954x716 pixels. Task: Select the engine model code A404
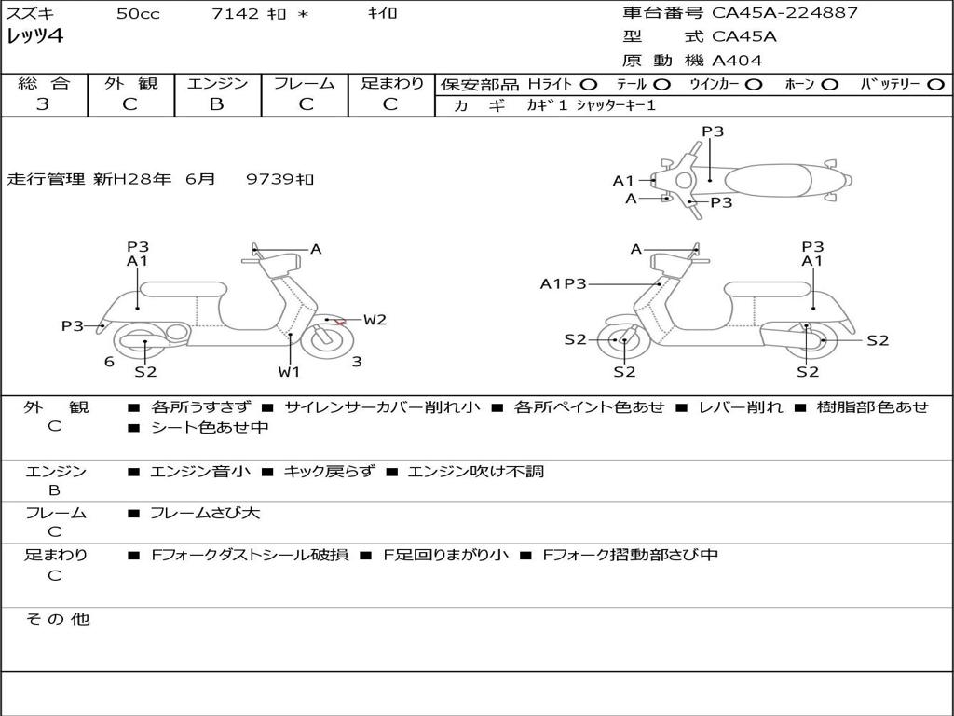pyautogui.click(x=737, y=61)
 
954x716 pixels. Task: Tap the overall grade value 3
pyautogui.click(x=43, y=103)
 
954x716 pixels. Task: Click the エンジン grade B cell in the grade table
pyautogui.click(x=216, y=103)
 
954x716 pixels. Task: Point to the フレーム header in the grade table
pyautogui.click(x=304, y=83)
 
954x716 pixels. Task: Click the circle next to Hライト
pyautogui.click(x=589, y=84)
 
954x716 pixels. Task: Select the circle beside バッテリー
pyautogui.click(x=935, y=84)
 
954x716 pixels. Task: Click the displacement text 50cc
pyautogui.click(x=138, y=14)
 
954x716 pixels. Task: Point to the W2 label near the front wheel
pyautogui.click(x=375, y=320)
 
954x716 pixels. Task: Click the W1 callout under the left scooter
pyautogui.click(x=290, y=372)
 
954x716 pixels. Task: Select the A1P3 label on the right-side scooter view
pyautogui.click(x=564, y=283)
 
